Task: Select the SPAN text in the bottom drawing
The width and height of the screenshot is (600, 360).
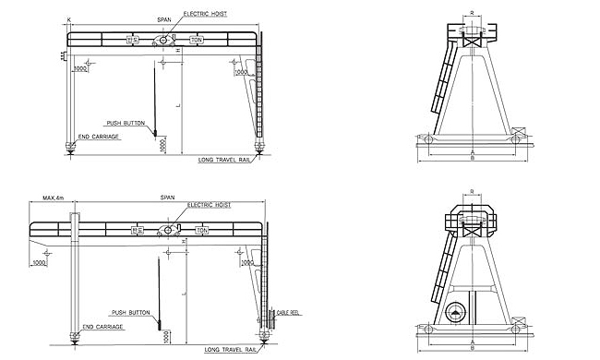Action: (x=168, y=198)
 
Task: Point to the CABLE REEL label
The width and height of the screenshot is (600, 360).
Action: (x=289, y=312)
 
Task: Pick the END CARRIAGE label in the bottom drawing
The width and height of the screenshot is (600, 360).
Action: (x=100, y=327)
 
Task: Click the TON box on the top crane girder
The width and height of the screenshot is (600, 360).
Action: (x=196, y=41)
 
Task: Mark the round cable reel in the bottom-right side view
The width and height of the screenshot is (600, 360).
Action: (x=456, y=314)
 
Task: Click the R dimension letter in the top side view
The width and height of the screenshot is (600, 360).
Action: (x=472, y=14)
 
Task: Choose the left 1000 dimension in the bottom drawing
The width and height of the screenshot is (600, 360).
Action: (x=40, y=262)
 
